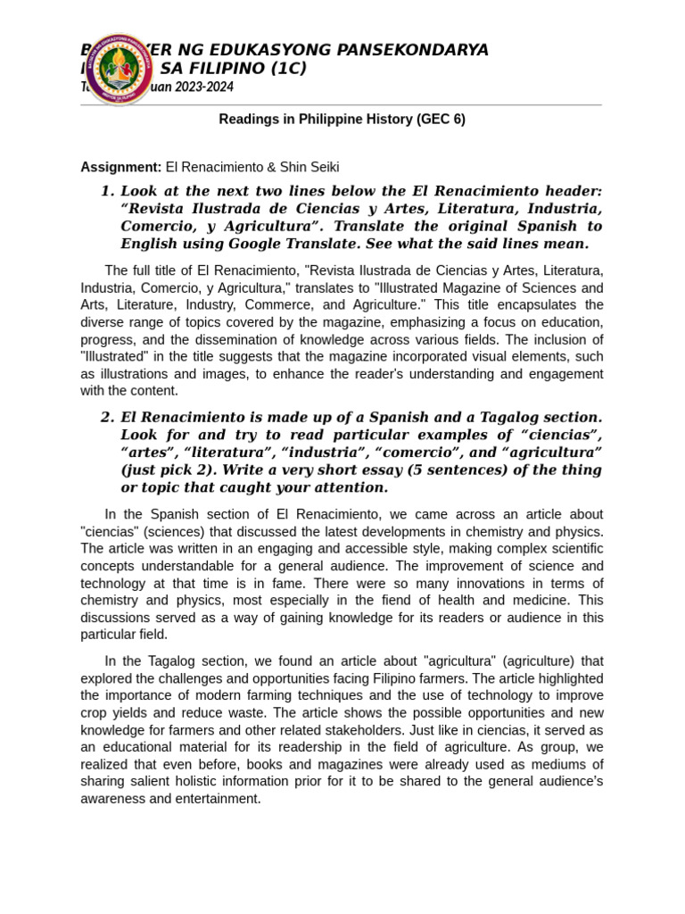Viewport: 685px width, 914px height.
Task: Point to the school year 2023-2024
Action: [x=204, y=87]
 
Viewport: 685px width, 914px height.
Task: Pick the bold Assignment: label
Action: [x=121, y=167]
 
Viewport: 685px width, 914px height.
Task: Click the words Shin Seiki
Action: [x=309, y=167]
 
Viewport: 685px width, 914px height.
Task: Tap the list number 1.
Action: [x=107, y=191]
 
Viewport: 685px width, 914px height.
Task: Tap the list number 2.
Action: [x=107, y=418]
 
